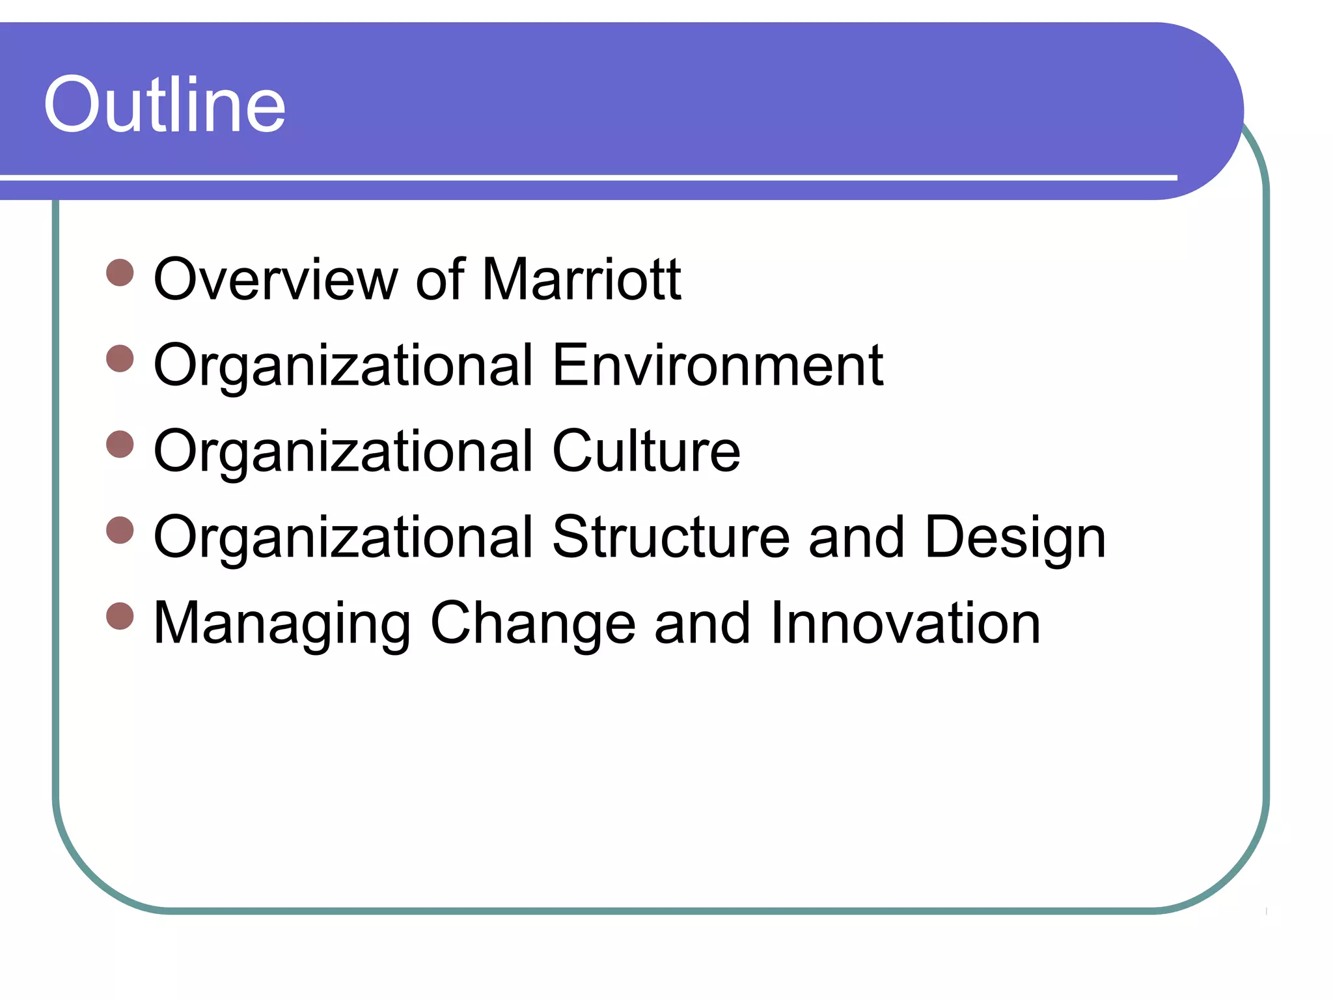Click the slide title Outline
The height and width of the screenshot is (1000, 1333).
(165, 105)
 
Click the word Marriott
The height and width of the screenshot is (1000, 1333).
(581, 279)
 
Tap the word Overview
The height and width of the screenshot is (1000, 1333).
(275, 279)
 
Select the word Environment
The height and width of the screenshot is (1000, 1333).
(717, 365)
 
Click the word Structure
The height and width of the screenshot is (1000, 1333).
(671, 537)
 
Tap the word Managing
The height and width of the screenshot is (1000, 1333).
(282, 624)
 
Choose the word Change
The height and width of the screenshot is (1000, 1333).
(533, 624)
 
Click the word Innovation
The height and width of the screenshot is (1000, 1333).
(905, 623)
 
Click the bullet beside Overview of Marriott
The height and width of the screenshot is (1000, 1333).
(120, 273)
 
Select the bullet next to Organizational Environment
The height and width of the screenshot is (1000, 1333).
(120, 359)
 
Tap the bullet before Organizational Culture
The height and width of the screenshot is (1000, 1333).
(120, 445)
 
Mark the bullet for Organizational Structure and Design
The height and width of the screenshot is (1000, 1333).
(120, 531)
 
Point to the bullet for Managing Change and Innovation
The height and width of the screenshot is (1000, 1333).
(120, 616)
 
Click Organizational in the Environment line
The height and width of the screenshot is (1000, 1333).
(344, 367)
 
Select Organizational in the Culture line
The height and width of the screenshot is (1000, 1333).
(344, 452)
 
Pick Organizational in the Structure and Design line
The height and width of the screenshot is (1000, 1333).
(344, 538)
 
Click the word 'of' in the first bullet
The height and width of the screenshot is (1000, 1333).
(441, 279)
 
